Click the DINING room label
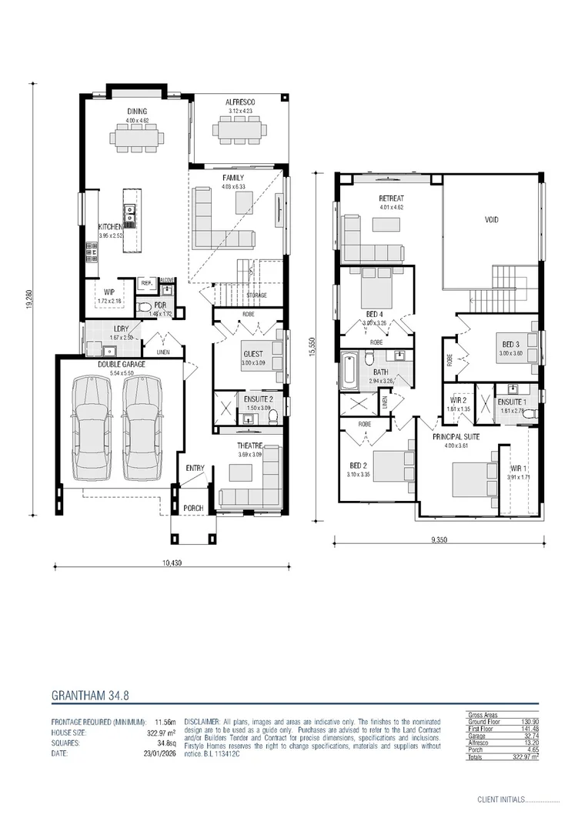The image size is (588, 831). [x=136, y=112]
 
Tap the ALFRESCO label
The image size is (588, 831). [x=239, y=102]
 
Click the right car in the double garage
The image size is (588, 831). [x=140, y=428]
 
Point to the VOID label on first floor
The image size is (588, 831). [x=491, y=220]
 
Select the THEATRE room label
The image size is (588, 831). [x=249, y=446]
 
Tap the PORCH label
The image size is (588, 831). [x=193, y=509]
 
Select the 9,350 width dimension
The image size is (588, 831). [x=439, y=540]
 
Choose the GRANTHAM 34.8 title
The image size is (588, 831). [x=90, y=695]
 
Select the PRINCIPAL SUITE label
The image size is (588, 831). [x=456, y=436]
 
